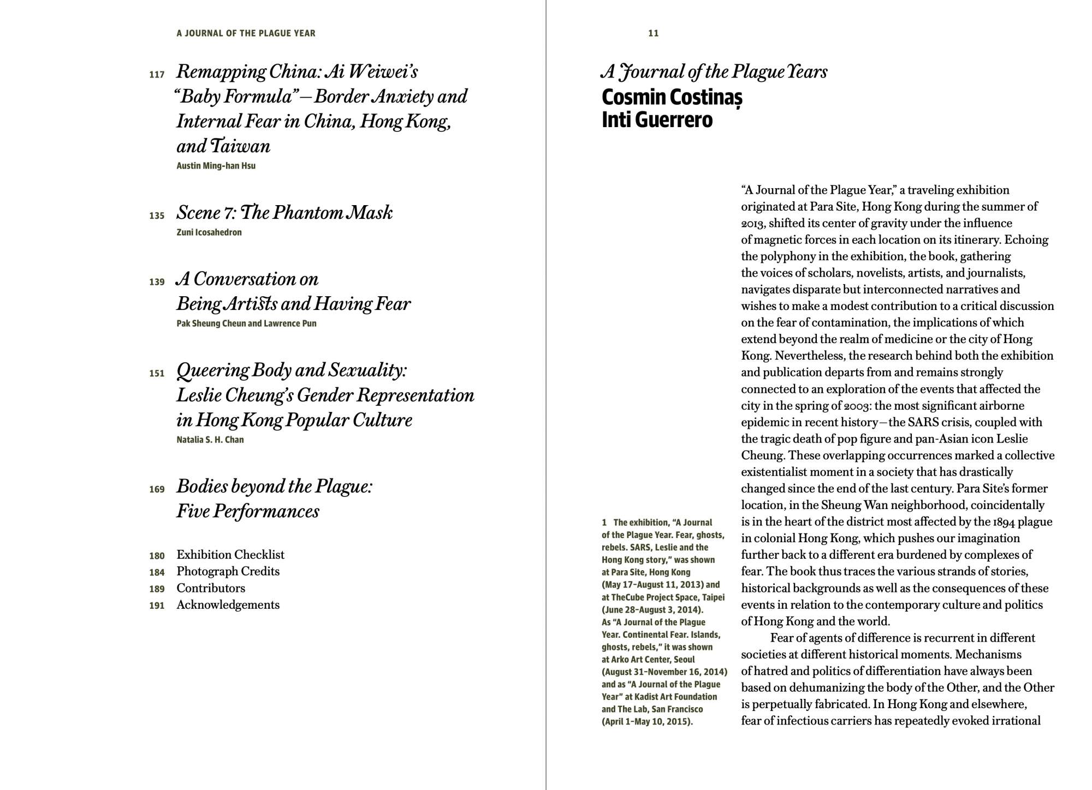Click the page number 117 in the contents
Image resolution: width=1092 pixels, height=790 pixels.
pyautogui.click(x=157, y=75)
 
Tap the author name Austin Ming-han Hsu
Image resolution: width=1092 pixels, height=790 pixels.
pyautogui.click(x=216, y=166)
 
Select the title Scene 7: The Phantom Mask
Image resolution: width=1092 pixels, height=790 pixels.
pyautogui.click(x=284, y=213)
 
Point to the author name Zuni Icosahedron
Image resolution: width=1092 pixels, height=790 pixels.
pyautogui.click(x=209, y=232)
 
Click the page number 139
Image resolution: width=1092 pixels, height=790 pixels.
pyautogui.click(x=157, y=282)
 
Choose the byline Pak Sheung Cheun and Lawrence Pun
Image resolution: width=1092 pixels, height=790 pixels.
pyautogui.click(x=246, y=324)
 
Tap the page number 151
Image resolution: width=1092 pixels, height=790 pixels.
pyautogui.click(x=157, y=374)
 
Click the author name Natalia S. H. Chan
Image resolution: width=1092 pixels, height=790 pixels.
pyautogui.click(x=210, y=440)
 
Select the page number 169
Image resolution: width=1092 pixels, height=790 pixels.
pyautogui.click(x=157, y=489)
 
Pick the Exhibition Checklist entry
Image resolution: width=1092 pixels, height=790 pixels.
pyautogui.click(x=230, y=555)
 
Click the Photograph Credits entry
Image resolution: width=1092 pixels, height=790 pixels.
pyautogui.click(x=228, y=572)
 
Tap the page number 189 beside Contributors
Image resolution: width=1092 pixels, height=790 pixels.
pyautogui.click(x=157, y=589)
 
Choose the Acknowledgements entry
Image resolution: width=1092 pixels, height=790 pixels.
pyautogui.click(x=228, y=605)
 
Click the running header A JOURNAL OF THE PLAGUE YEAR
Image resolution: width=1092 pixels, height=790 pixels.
pyautogui.click(x=246, y=33)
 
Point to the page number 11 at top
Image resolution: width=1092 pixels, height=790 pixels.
pyautogui.click(x=653, y=33)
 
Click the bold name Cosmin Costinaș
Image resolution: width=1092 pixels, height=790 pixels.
pyautogui.click(x=672, y=98)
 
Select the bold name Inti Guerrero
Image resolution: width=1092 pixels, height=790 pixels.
pyautogui.click(x=657, y=120)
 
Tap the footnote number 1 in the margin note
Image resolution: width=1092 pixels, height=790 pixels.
pyautogui.click(x=604, y=523)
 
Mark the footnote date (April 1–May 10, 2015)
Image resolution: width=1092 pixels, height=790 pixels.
pyautogui.click(x=647, y=722)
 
